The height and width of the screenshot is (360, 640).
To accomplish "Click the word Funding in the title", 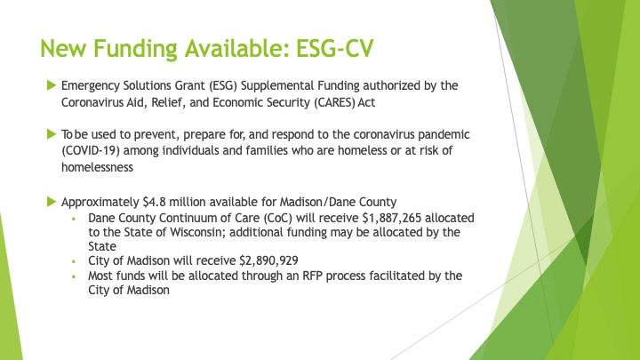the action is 135,49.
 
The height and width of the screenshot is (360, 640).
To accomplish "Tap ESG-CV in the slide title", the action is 335,48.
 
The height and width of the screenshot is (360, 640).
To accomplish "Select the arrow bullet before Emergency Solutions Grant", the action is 52,85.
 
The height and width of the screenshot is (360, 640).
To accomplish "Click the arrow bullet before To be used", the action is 52,134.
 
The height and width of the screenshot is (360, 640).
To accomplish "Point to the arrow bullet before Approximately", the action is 52,202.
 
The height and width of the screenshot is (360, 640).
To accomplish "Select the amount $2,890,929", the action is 268,260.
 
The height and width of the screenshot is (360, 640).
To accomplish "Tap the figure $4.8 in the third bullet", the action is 155,202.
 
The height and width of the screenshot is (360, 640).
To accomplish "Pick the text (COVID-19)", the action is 91,150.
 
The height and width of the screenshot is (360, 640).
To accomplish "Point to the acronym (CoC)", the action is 278,218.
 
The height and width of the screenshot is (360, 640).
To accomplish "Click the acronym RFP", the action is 312,276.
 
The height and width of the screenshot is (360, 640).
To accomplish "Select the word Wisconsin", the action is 197,232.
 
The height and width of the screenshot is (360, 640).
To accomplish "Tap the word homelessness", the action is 97,167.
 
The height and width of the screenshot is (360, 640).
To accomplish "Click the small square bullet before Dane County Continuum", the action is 74,219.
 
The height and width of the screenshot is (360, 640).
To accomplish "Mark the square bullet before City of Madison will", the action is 74,261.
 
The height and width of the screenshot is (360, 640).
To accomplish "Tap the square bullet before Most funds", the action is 74,276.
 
